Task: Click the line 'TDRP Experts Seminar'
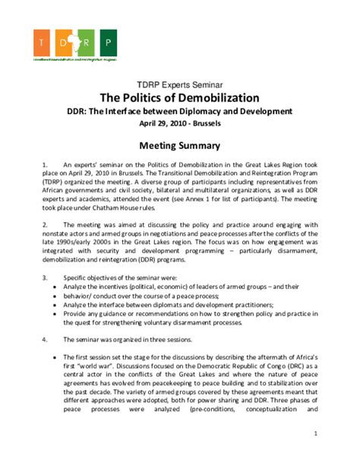point(180,86)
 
